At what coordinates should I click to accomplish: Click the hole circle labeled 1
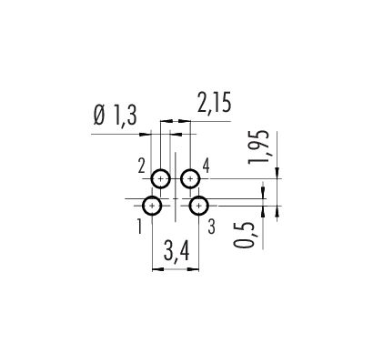coord(143,206)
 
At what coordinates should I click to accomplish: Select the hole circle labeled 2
coord(152,179)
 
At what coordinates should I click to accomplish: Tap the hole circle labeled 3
coord(190,206)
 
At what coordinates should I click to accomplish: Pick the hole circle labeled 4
coord(182,179)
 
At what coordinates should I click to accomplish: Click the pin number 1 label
coord(139,227)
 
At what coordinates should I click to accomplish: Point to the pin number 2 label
coord(142,166)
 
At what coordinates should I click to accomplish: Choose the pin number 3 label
coord(212,227)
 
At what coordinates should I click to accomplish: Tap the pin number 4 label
coord(206,166)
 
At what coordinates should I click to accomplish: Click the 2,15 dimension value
coord(214,103)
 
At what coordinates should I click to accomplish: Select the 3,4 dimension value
coord(176,250)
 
